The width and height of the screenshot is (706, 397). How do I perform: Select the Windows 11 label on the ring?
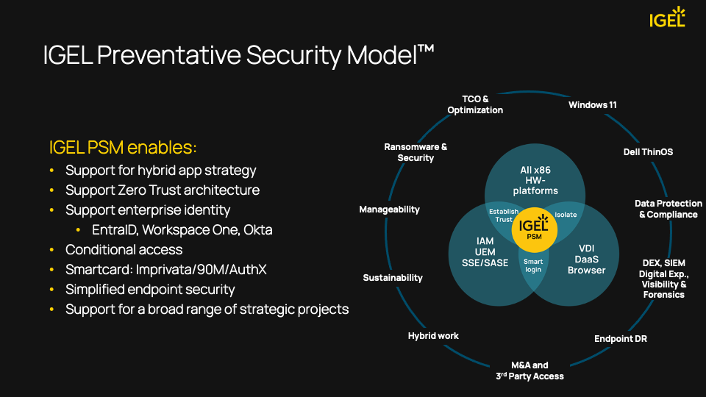point(592,105)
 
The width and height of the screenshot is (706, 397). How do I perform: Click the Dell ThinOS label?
point(648,152)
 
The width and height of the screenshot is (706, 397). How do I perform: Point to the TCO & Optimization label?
point(475,104)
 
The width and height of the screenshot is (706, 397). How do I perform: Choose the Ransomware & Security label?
point(416,152)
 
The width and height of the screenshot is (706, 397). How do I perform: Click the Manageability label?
point(389,210)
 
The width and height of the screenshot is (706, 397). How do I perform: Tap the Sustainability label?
point(393,278)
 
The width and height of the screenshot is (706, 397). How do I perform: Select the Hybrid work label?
point(433,336)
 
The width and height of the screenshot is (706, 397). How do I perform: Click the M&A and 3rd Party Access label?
point(529,371)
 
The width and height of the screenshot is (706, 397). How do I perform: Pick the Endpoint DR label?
point(621,339)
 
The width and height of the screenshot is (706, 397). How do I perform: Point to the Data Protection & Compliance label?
point(668,210)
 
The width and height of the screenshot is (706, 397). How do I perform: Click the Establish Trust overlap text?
point(504,215)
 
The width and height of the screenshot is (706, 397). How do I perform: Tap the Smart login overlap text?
point(533,265)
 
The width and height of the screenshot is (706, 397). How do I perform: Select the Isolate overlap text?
point(566,215)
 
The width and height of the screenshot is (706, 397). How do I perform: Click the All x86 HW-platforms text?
point(535,180)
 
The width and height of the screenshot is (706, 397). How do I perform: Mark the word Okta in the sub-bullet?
point(259,230)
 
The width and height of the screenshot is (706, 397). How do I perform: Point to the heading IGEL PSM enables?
point(123,148)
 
